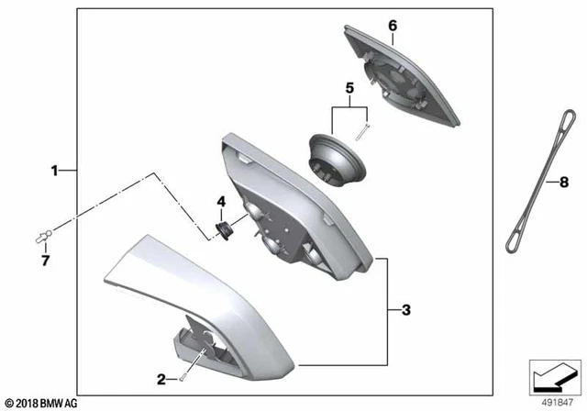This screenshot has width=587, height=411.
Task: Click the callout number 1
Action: coord(54,170)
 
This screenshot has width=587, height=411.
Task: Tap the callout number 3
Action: coord(406,311)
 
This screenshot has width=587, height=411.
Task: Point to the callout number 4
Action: coord(220,201)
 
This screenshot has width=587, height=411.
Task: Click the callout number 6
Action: coord(392,25)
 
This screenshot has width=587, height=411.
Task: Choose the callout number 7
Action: coord(45,261)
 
